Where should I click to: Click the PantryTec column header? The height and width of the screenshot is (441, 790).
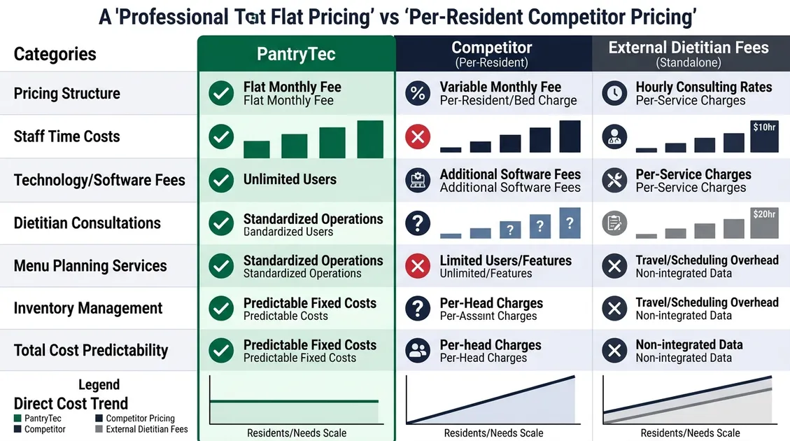pyautogui.click(x=296, y=54)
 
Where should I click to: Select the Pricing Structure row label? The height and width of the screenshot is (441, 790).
pyautogui.click(x=67, y=94)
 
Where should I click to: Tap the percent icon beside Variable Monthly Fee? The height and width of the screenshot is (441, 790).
pyautogui.click(x=418, y=93)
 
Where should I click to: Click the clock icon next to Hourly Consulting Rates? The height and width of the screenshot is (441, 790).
pyautogui.click(x=614, y=93)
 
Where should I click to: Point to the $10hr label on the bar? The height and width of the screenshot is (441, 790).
pyautogui.click(x=763, y=127)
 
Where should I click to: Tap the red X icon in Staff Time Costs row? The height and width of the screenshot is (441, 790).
pyautogui.click(x=418, y=136)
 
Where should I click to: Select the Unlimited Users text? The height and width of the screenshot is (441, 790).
pyautogui.click(x=290, y=179)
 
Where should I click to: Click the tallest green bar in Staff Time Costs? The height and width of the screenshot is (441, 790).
pyautogui.click(x=370, y=139)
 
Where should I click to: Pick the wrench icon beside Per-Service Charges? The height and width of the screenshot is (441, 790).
pyautogui.click(x=614, y=181)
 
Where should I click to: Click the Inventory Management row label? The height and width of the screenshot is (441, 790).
pyautogui.click(x=88, y=308)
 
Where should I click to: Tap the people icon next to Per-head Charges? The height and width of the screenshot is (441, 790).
pyautogui.click(x=418, y=351)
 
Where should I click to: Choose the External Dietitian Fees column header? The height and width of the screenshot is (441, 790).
pyautogui.click(x=689, y=48)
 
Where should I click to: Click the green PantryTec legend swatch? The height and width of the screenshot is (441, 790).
pyautogui.click(x=17, y=419)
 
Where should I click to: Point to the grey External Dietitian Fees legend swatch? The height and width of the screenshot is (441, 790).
pyautogui.click(x=99, y=429)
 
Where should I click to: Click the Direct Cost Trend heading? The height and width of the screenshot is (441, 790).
pyautogui.click(x=71, y=403)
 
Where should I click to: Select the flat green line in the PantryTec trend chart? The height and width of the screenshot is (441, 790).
pyautogui.click(x=294, y=401)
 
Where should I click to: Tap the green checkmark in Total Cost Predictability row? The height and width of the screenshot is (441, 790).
pyautogui.click(x=222, y=351)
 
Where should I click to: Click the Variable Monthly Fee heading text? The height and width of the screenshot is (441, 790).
pyautogui.click(x=500, y=87)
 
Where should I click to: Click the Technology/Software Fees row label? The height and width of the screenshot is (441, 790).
pyautogui.click(x=99, y=180)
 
